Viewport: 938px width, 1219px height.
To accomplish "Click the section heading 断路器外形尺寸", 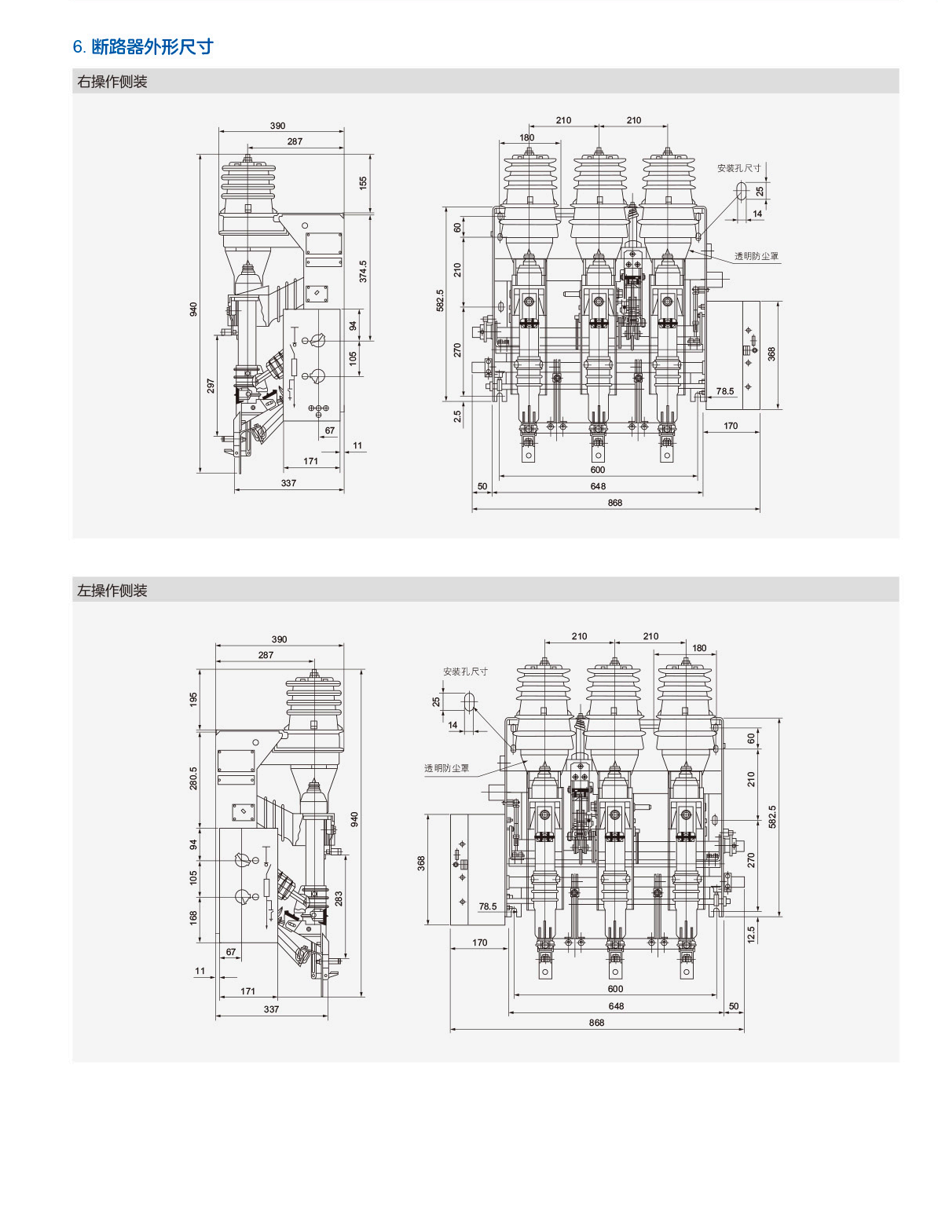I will pyautogui.click(x=152, y=47).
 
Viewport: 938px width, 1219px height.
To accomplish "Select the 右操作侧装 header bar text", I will pyautogui.click(x=112, y=82).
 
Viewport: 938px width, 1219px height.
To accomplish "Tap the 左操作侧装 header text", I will pyautogui.click(x=112, y=591).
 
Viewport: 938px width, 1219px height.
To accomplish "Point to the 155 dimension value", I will pyautogui.click(x=363, y=182).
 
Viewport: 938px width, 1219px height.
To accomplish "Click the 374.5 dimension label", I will pyautogui.click(x=363, y=272).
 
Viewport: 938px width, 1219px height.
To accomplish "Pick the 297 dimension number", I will pyautogui.click(x=211, y=386).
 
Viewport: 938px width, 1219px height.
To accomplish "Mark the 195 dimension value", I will pyautogui.click(x=194, y=698).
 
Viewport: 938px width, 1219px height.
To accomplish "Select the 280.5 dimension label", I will pyautogui.click(x=194, y=778).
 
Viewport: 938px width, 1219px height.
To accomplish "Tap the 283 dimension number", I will pyautogui.click(x=339, y=898).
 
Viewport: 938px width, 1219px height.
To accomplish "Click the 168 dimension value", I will pyautogui.click(x=194, y=917).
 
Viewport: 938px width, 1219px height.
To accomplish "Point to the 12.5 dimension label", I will pyautogui.click(x=751, y=934).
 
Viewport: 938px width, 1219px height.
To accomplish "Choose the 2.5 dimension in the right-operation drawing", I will pyautogui.click(x=457, y=416).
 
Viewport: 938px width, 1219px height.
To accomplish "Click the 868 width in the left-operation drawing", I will pyautogui.click(x=596, y=1023).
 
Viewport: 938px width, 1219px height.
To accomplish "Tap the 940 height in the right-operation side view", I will pyautogui.click(x=194, y=309).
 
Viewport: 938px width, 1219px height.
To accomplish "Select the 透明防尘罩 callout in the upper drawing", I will pyautogui.click(x=756, y=256).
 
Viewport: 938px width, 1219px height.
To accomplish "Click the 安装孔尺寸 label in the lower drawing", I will pyautogui.click(x=465, y=672).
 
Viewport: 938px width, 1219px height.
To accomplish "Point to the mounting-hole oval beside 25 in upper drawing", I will pyautogui.click(x=740, y=190).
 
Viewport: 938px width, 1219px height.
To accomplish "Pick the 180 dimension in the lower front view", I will pyautogui.click(x=699, y=648).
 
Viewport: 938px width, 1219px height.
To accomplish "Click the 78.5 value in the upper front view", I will pyautogui.click(x=724, y=391).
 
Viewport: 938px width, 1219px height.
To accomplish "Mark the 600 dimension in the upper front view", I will pyautogui.click(x=598, y=470).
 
